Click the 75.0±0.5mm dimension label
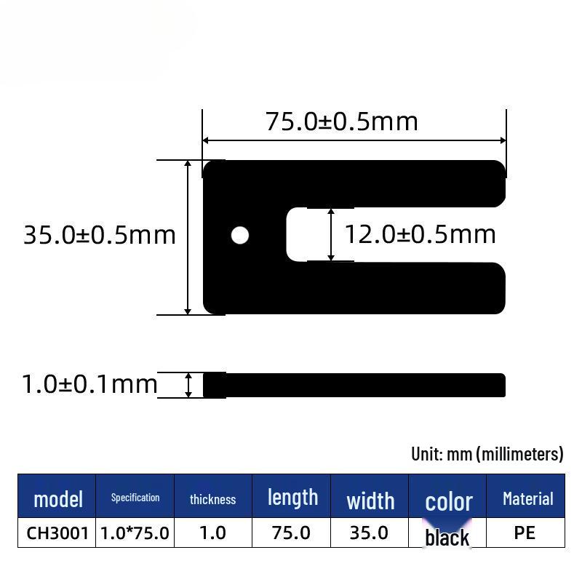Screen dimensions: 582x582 (x=341, y=121)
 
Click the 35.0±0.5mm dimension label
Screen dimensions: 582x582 (x=100, y=235)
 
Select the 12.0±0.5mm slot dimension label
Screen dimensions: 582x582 (x=420, y=234)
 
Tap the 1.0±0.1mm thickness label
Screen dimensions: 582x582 (x=89, y=384)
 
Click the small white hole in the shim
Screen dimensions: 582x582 (x=239, y=235)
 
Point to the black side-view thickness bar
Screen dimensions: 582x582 (x=354, y=385)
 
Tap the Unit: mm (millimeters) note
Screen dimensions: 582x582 (x=487, y=454)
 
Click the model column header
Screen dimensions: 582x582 (x=57, y=499)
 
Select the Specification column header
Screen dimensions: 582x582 (x=135, y=498)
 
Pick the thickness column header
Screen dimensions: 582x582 (x=212, y=499)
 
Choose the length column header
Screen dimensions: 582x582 (x=292, y=498)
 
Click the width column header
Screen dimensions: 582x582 (x=370, y=501)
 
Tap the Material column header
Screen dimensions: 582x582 (x=527, y=499)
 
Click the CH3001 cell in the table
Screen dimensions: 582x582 (x=57, y=533)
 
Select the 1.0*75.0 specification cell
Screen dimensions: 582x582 (x=135, y=533)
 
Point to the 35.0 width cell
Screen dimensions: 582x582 (x=369, y=533)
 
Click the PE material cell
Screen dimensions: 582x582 (x=525, y=533)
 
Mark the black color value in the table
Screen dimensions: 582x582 (x=447, y=538)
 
